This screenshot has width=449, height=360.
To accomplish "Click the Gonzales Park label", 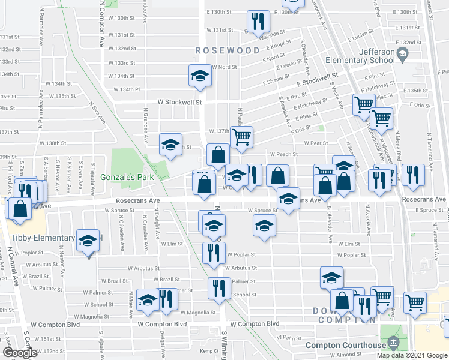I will pos(127,177).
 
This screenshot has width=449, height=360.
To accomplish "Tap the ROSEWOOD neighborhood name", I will pos(227,51).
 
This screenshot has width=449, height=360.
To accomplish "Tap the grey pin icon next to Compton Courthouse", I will pos(393,344).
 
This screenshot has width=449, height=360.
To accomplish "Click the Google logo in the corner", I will pos(20,353).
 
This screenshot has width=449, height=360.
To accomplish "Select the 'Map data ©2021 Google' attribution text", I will pos(412,355).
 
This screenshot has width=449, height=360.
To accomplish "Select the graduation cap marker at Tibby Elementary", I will pos(88,242).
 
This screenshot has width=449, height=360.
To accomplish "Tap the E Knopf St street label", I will pos(277,45).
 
